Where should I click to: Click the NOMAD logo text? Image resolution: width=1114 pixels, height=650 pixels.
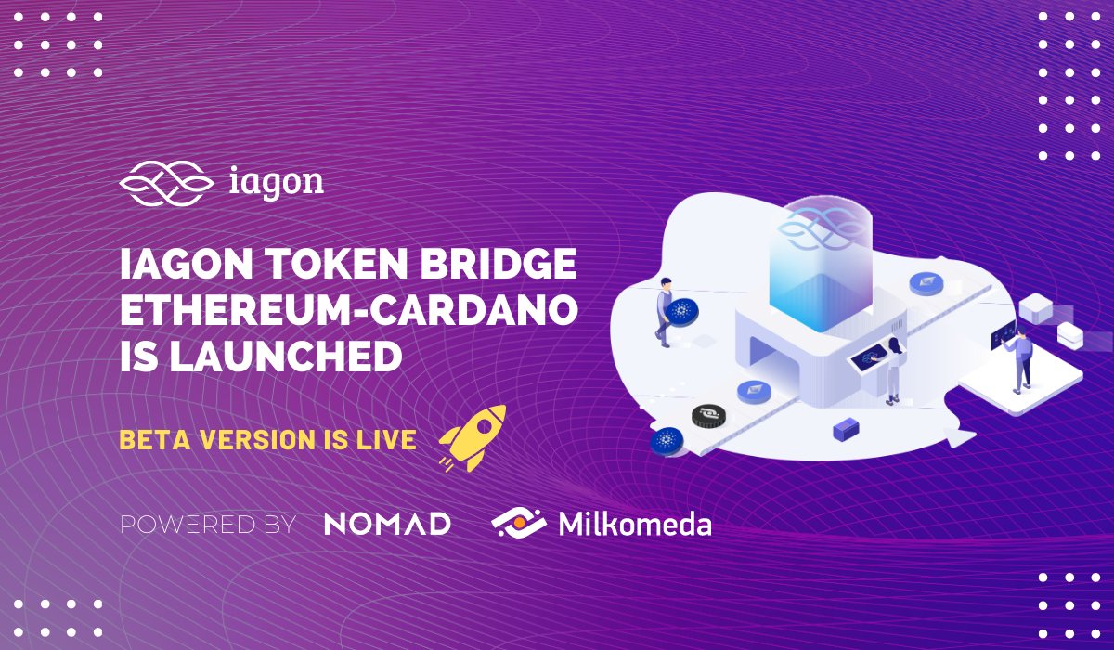click(387, 523)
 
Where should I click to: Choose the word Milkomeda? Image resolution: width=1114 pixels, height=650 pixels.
click(635, 524)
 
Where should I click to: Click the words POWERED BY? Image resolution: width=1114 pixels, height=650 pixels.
click(208, 524)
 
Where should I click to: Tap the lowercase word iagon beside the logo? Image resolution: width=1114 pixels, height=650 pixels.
click(276, 181)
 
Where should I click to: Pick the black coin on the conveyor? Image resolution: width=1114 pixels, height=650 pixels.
click(707, 416)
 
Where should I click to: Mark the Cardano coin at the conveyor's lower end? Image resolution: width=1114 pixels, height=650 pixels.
click(667, 441)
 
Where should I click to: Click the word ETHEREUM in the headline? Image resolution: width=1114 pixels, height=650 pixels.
click(233, 313)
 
